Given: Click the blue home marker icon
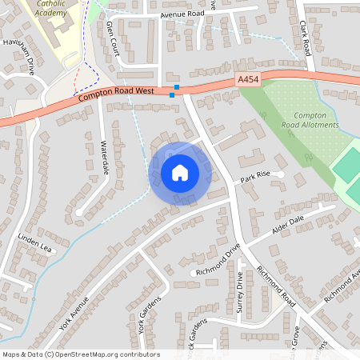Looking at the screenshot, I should click(x=179, y=173).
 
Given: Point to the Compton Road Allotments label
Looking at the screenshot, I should click(x=310, y=120).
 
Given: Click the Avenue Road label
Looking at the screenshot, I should click(x=182, y=14).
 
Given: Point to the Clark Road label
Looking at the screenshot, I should click(x=307, y=37).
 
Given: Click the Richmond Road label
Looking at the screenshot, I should click(x=278, y=287).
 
